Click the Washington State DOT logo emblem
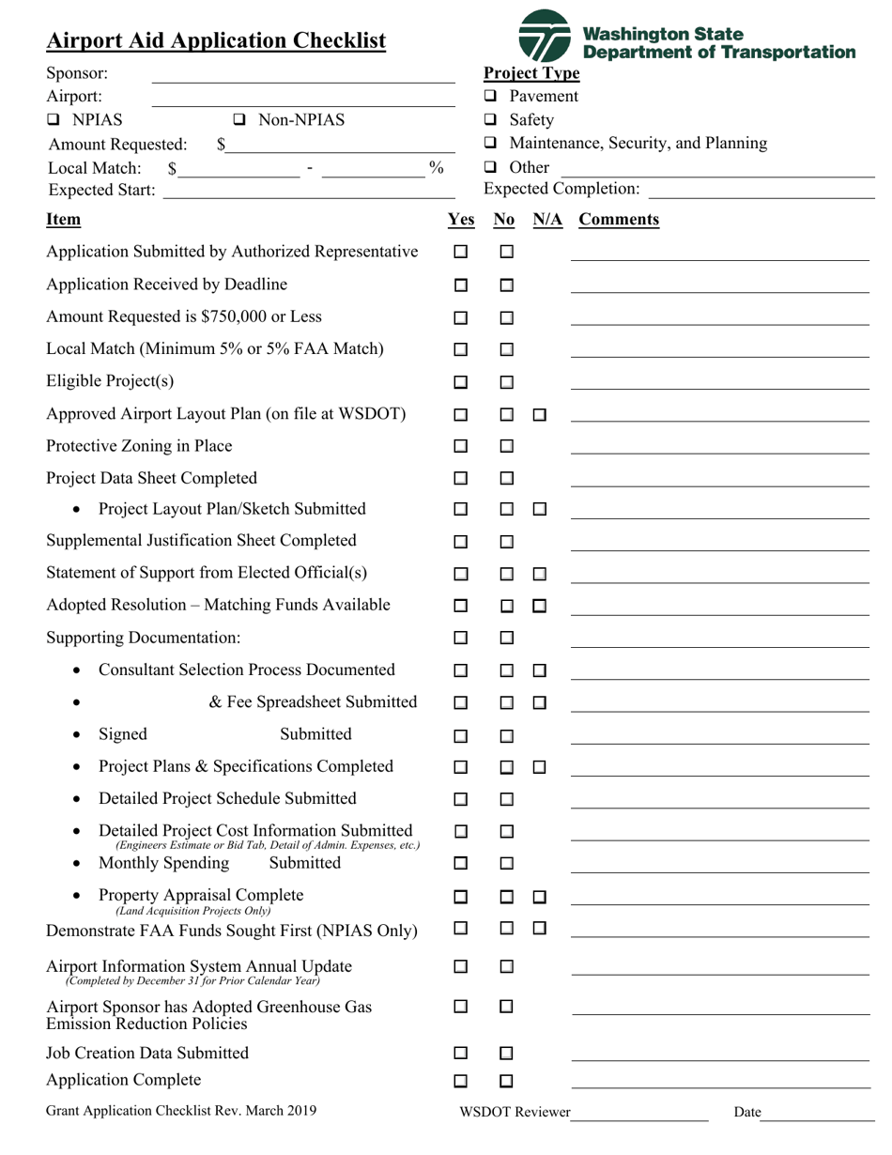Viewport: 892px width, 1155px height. (545, 36)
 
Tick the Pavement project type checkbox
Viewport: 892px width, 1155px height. (490, 97)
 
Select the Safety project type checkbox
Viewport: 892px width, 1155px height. (490, 120)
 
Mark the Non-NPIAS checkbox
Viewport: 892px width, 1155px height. (239, 120)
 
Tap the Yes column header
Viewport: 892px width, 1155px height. (461, 220)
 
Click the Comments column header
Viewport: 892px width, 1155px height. (619, 220)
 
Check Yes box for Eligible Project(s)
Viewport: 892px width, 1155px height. (461, 382)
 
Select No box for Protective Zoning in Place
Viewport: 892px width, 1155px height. (506, 447)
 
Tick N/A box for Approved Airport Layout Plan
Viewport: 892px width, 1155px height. (540, 415)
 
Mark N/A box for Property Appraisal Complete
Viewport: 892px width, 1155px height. (540, 898)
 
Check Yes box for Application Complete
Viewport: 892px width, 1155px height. (461, 1081)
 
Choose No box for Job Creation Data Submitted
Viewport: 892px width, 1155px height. (506, 1054)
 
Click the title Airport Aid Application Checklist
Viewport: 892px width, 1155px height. (216, 41)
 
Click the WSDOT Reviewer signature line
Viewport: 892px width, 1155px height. (638, 1114)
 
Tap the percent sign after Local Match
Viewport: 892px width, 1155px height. (436, 167)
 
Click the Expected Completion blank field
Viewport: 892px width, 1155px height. (761, 191)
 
